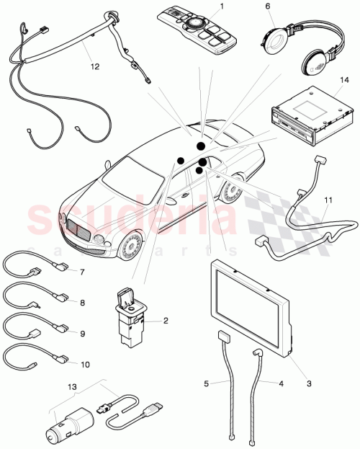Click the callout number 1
(x=222, y=6)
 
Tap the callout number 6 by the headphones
(x=268, y=6)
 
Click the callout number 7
(x=83, y=272)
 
